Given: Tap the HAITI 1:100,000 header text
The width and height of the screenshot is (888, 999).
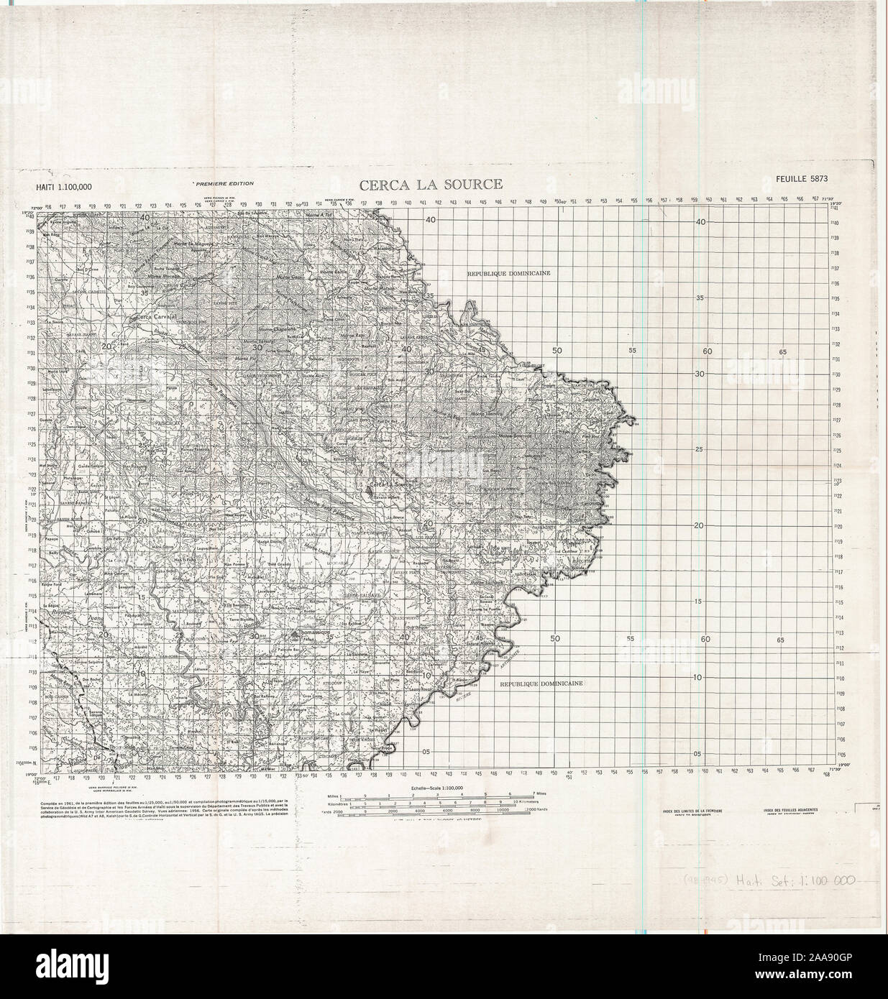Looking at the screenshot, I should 64,188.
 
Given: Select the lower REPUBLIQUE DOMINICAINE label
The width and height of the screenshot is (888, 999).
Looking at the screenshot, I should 542,684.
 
